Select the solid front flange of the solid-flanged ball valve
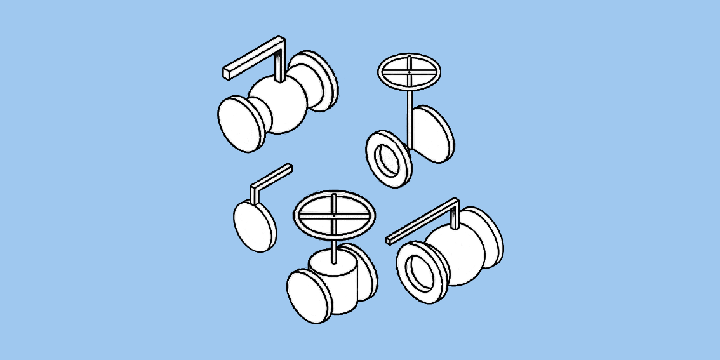pyautogui.click(x=241, y=124)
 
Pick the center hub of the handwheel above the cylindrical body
pyautogui.click(x=334, y=215)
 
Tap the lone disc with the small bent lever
pyautogui.click(x=255, y=225)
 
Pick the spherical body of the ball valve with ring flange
pyautogui.click(x=454, y=254)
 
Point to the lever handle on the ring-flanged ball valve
pyautogui.click(x=422, y=219)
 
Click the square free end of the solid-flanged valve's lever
pyautogui.click(x=226, y=73)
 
